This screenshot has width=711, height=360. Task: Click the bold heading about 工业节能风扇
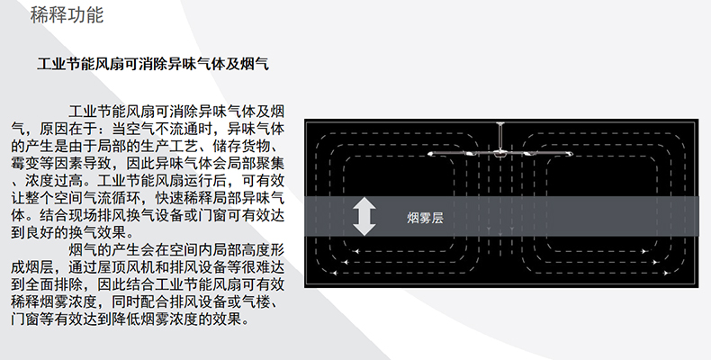[x=153, y=67]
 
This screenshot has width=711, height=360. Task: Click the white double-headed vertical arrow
[x=364, y=216]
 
